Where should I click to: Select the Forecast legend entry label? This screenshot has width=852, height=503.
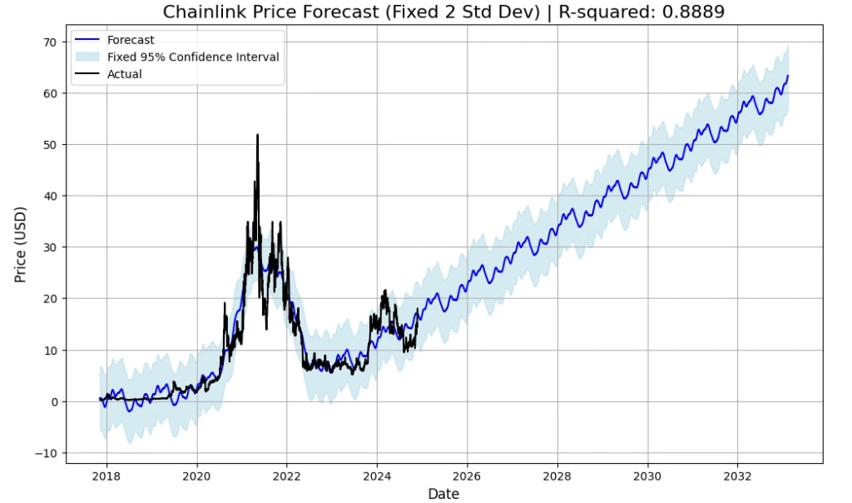131,40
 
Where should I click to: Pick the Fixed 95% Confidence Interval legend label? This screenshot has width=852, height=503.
193,57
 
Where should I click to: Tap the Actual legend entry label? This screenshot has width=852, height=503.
125,74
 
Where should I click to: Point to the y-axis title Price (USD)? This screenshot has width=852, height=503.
21,244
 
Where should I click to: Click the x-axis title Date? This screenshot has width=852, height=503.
443,494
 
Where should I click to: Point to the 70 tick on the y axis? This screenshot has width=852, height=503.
50,42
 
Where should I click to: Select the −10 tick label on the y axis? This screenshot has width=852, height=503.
46,453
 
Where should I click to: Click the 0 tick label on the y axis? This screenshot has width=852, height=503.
53,401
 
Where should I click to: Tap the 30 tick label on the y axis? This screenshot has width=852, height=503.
50,247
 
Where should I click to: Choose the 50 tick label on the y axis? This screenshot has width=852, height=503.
50,145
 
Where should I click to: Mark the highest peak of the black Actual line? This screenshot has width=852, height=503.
257,135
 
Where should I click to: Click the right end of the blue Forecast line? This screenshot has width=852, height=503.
788,76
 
